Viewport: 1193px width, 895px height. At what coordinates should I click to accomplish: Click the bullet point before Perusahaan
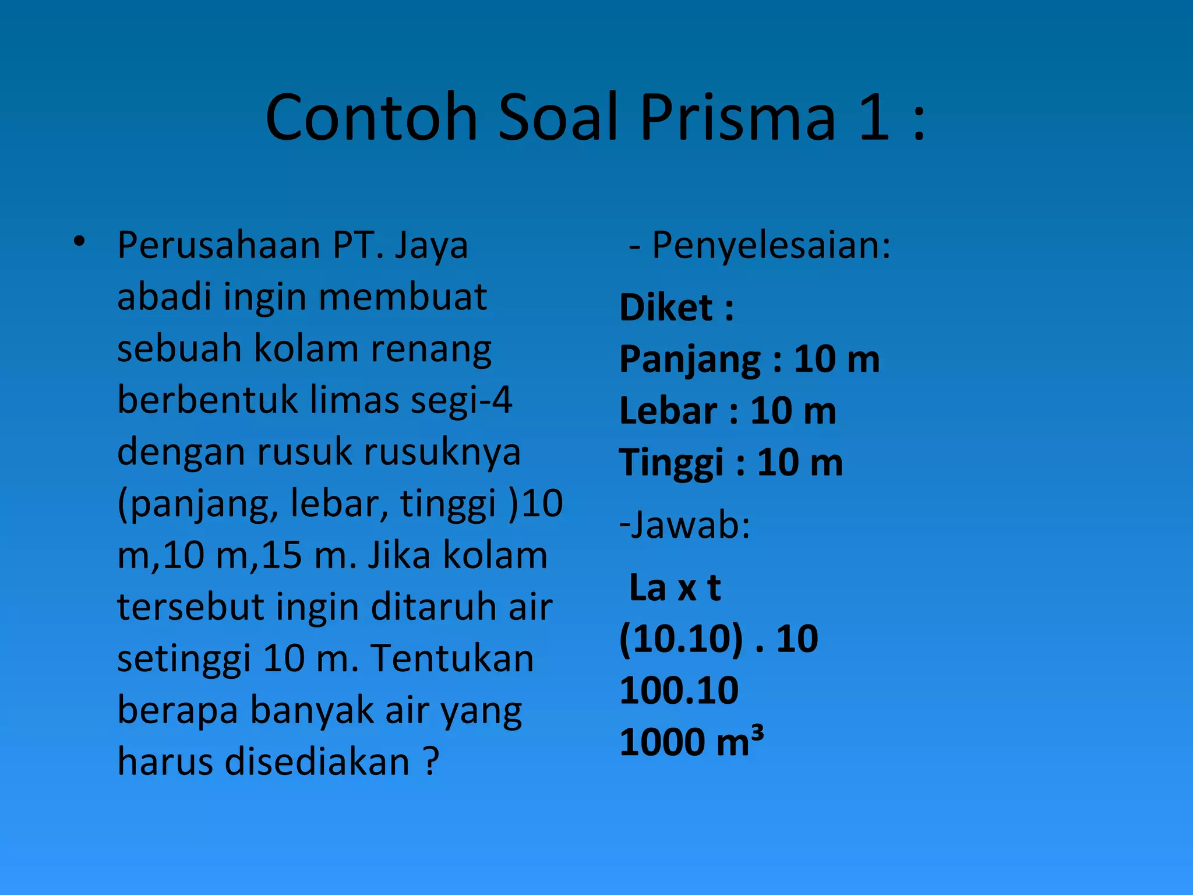pos(80,241)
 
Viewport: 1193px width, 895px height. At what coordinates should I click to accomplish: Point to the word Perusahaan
pos(218,246)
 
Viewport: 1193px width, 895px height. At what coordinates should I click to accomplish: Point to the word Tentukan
pos(452,659)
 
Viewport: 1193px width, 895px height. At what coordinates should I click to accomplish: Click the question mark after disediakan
pos(430,762)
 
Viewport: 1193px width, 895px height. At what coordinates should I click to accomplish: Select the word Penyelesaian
pos(771,246)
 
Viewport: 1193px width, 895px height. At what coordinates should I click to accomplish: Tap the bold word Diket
pos(666,308)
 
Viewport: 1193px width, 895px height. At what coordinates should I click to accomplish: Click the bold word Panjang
pos(690,360)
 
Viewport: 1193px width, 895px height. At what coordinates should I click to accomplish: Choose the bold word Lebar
pos(668,411)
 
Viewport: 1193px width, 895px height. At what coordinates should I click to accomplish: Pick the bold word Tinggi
pos(671,464)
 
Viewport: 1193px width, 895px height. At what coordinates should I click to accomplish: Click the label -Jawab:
pos(684,525)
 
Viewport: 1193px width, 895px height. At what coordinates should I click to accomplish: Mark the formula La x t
pos(675,587)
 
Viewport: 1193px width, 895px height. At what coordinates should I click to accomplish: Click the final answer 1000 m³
pos(691,742)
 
